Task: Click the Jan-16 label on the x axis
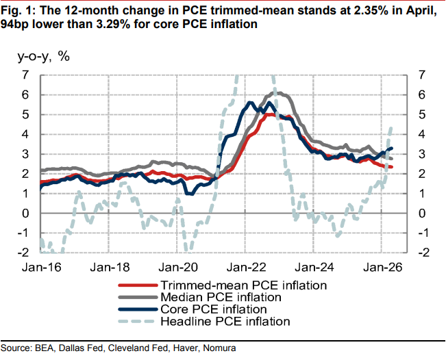[42, 268]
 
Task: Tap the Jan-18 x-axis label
[110, 268]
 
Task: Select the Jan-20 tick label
[178, 268]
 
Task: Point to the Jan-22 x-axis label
[247, 268]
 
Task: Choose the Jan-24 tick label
[314, 268]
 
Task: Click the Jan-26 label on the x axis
[382, 268]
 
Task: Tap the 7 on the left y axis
[25, 75]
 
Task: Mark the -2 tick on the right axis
[424, 253]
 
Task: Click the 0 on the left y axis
[25, 213]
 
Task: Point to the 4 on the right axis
[421, 134]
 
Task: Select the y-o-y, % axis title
[44, 56]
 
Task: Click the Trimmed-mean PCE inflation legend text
[244, 285]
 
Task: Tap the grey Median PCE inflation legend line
[138, 297]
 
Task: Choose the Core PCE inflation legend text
[214, 309]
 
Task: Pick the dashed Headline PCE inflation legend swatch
[138, 322]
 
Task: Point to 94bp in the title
[15, 24]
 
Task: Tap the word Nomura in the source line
[219, 348]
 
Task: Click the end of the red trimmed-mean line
[392, 167]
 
